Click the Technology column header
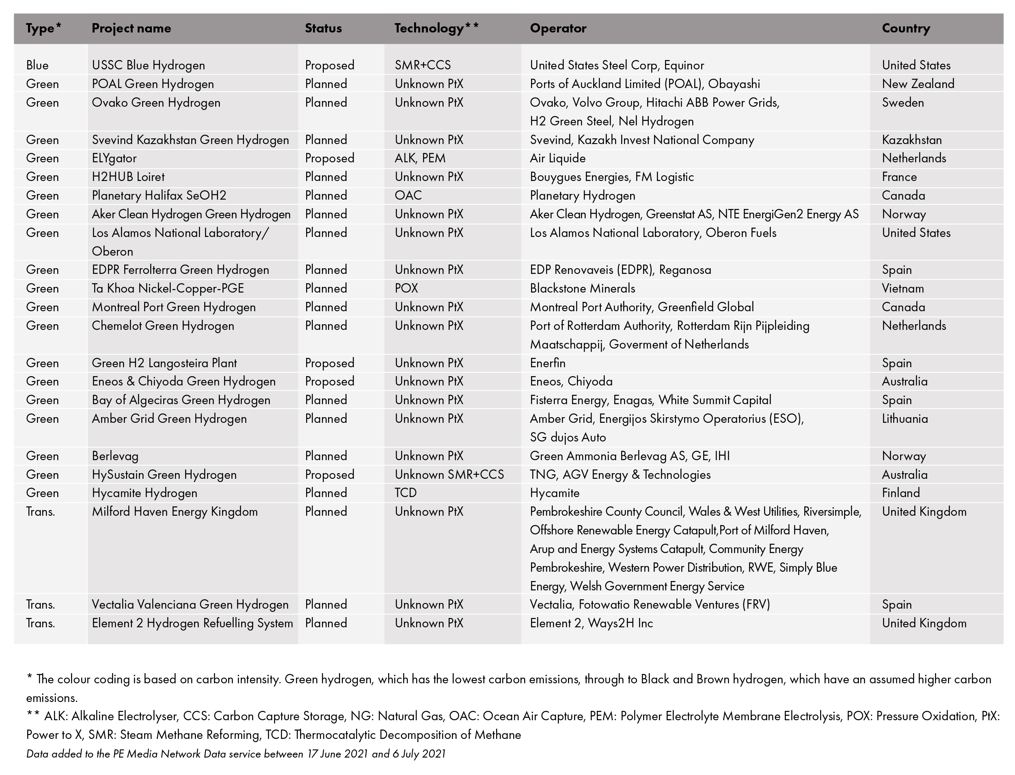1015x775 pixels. click(436, 28)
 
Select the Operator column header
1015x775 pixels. click(557, 28)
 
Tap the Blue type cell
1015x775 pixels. click(37, 65)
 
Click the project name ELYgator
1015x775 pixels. click(114, 159)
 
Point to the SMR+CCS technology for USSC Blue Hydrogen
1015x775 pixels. click(422, 65)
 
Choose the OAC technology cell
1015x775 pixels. click(408, 196)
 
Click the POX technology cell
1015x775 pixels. click(406, 289)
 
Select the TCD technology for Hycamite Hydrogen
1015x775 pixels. click(405, 493)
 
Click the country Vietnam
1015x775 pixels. click(903, 289)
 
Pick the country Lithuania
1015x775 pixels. click(904, 419)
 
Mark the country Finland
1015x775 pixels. click(901, 493)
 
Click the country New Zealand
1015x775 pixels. click(918, 84)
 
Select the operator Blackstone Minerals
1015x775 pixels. click(582, 289)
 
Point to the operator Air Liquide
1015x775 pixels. click(557, 159)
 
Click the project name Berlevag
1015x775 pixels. click(115, 456)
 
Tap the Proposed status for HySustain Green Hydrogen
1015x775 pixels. click(329, 475)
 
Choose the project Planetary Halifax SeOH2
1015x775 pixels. click(159, 196)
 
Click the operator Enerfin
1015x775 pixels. click(547, 363)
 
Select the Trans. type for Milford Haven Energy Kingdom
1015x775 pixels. click(40, 512)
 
